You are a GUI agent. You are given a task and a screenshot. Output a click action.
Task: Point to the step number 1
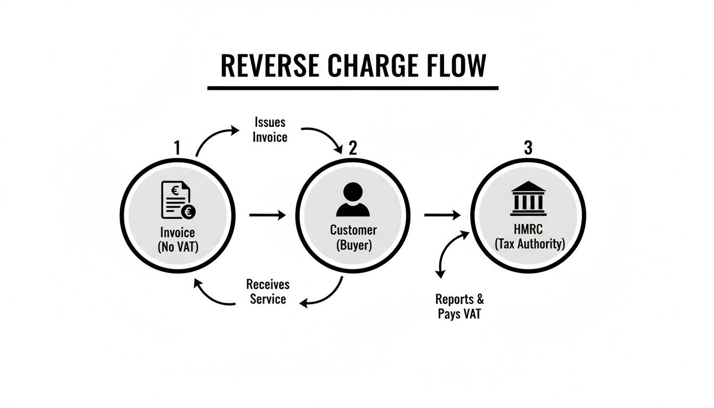177,148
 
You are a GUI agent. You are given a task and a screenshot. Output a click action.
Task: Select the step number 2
353,148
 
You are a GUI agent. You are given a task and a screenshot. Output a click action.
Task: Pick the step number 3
528,148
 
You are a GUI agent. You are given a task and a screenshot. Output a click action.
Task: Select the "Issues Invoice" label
269,130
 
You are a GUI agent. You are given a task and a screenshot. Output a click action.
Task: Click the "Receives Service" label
268,292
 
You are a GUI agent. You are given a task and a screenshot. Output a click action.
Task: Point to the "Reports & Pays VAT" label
460,306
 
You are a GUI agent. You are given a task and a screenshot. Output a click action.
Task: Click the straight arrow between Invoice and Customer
267,215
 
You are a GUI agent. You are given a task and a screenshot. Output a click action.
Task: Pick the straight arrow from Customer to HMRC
442,215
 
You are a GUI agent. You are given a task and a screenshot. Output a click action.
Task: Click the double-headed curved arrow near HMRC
449,253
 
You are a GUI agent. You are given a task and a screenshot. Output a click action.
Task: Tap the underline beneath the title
353,88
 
